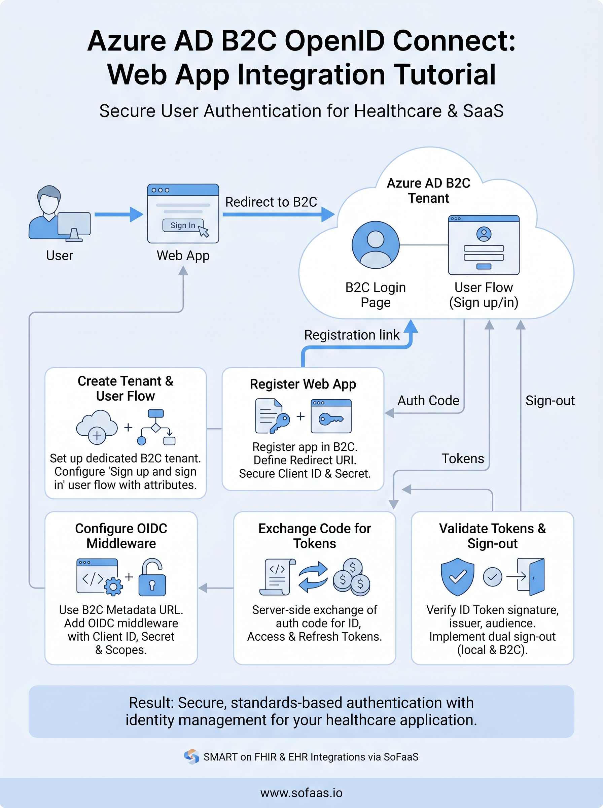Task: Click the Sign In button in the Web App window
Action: click(x=182, y=225)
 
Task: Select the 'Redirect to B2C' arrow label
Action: click(x=271, y=202)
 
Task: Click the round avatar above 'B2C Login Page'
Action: click(x=375, y=245)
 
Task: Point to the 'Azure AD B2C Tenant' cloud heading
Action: click(x=428, y=190)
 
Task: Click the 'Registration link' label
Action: click(x=352, y=335)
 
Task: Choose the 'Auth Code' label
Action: click(x=428, y=401)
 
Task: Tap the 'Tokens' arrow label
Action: click(x=462, y=459)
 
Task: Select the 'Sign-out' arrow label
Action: click(x=550, y=401)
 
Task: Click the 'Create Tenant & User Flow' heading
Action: click(x=125, y=389)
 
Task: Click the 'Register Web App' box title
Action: click(x=303, y=384)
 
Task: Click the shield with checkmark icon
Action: click(x=457, y=576)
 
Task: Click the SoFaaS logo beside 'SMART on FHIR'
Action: click(x=191, y=756)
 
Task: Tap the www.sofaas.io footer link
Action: click(x=301, y=793)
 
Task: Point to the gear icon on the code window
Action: click(x=113, y=587)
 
